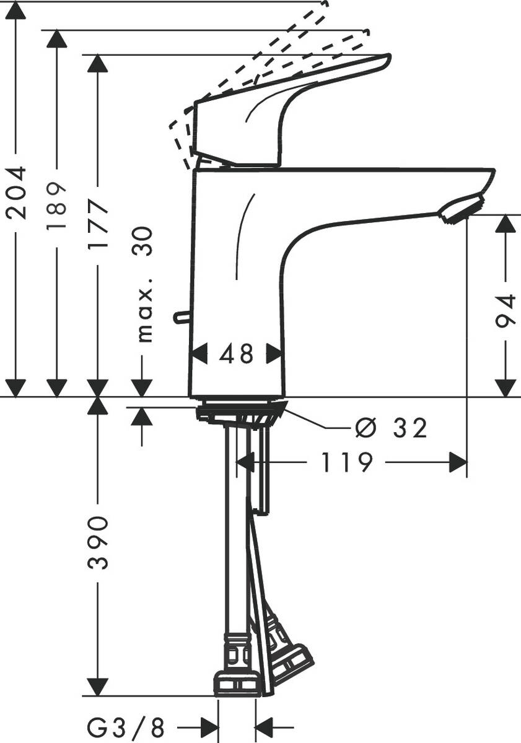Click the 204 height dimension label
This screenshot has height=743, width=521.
point(16,192)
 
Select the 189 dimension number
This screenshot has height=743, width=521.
point(57,206)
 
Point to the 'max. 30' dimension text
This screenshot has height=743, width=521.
point(144,284)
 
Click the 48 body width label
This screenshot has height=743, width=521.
point(237,354)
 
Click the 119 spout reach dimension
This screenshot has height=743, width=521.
point(347,463)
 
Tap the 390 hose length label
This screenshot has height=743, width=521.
point(98,542)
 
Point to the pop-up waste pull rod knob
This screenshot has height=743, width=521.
point(179,318)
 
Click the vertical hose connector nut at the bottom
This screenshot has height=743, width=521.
point(237,683)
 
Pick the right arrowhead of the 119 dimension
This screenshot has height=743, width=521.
point(458,463)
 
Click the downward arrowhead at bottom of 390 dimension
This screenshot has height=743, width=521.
point(98,686)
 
